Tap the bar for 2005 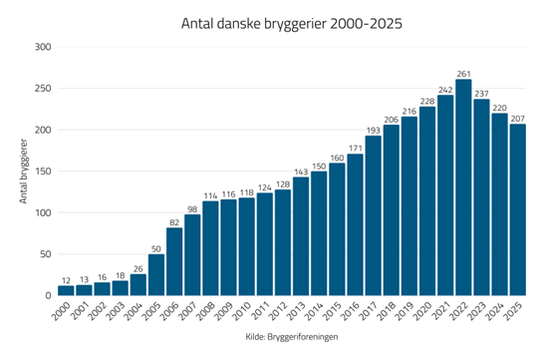point(156,274)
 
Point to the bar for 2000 point(66,290)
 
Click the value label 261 point(463,74)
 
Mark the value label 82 point(174,222)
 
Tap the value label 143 point(301,172)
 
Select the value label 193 point(373,130)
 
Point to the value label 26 point(138,268)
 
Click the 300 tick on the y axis point(42,47)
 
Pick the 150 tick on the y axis point(42,172)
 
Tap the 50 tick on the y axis point(46,254)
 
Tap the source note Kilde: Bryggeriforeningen point(291,339)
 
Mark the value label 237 point(481,94)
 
